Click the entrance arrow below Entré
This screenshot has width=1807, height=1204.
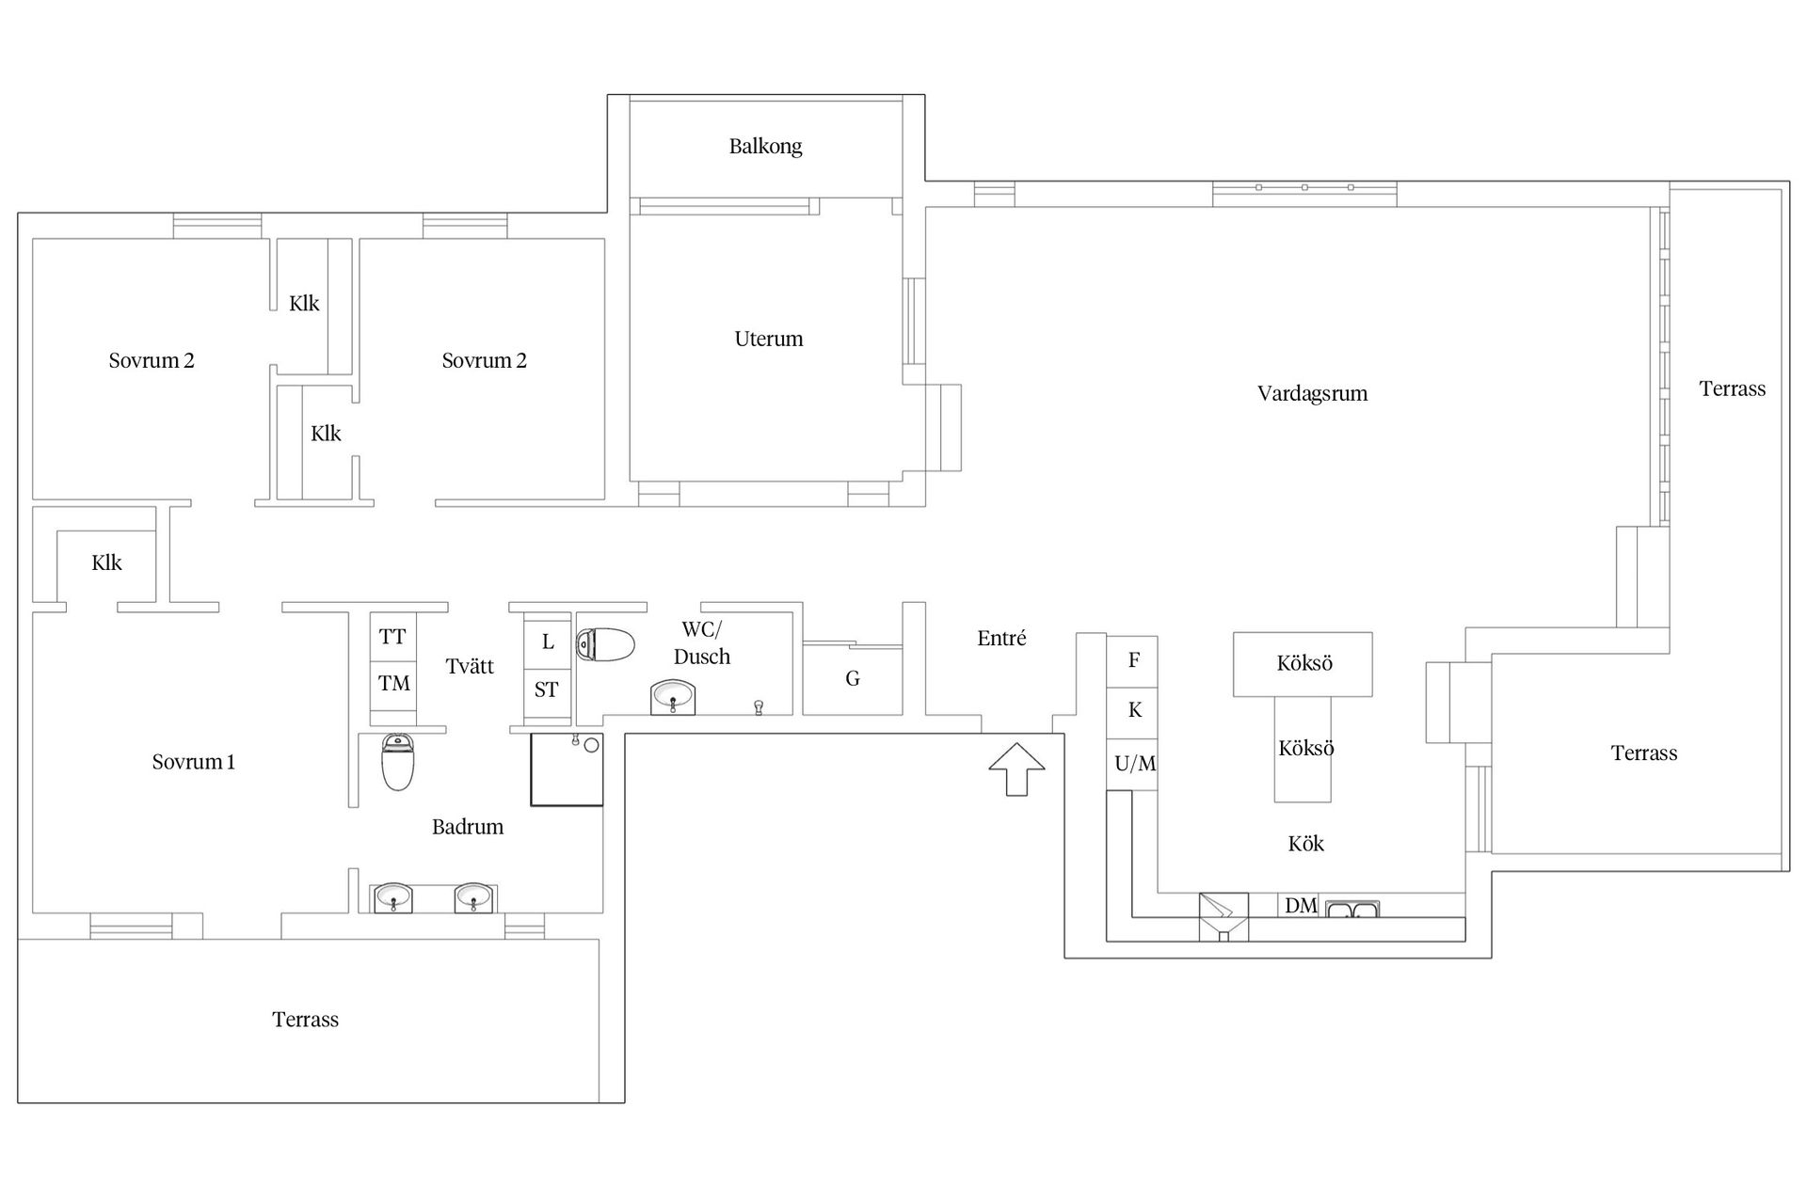pyautogui.click(x=1016, y=768)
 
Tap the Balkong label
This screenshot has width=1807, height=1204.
pyautogui.click(x=765, y=147)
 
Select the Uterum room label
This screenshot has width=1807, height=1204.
pyautogui.click(x=769, y=339)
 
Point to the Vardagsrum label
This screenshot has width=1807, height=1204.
pyautogui.click(x=1312, y=393)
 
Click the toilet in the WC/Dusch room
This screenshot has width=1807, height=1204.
pyautogui.click(x=604, y=644)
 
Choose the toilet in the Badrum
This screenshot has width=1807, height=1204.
pyautogui.click(x=398, y=762)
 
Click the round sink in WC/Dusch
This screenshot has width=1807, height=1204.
pyautogui.click(x=673, y=697)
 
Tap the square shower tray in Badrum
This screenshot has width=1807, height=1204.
pyautogui.click(x=567, y=769)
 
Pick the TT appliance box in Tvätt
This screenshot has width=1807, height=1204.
pyautogui.click(x=393, y=637)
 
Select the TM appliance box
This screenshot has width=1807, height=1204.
pyautogui.click(x=393, y=684)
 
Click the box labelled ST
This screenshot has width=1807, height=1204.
pyautogui.click(x=547, y=689)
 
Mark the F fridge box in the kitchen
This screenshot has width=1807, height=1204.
pyautogui.click(x=1132, y=661)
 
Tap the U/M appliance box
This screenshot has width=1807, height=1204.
pyautogui.click(x=1132, y=764)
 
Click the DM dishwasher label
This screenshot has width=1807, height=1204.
pyautogui.click(x=1301, y=906)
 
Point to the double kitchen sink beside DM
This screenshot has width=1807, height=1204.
pyautogui.click(x=1352, y=909)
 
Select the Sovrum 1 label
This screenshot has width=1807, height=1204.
pyautogui.click(x=194, y=762)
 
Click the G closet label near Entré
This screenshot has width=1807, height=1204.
pyautogui.click(x=853, y=678)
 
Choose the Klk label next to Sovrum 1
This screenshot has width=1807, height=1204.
pyautogui.click(x=106, y=562)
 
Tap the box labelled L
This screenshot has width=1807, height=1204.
pyautogui.click(x=547, y=642)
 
